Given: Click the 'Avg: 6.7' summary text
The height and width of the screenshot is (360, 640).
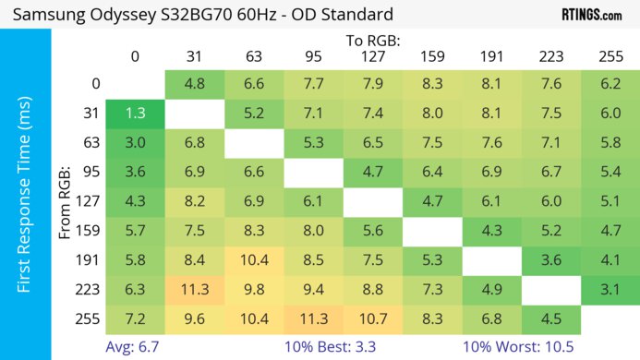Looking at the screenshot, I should point(137,348).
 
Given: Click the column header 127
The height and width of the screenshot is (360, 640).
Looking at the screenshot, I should point(373,56).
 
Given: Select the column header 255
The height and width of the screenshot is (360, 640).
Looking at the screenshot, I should point(610,56).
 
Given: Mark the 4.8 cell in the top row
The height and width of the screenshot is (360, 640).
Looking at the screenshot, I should point(195,84).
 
